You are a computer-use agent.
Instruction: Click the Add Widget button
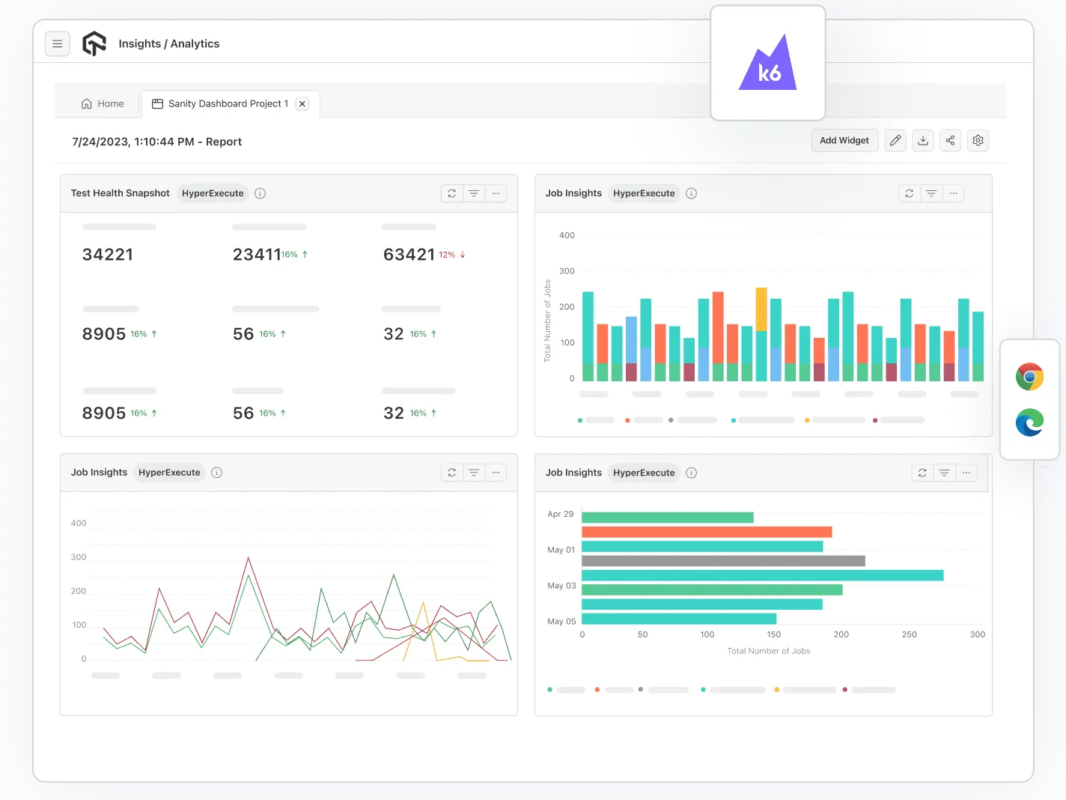pyautogui.click(x=844, y=141)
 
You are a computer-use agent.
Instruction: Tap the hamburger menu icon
pyautogui.click(x=58, y=44)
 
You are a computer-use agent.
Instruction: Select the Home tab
pyautogui.click(x=103, y=104)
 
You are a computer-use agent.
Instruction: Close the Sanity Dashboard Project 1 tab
pyautogui.click(x=302, y=104)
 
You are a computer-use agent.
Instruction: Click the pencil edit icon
pyautogui.click(x=895, y=141)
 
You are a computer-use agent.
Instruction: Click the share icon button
pyautogui.click(x=950, y=141)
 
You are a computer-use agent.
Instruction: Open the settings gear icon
pyautogui.click(x=978, y=141)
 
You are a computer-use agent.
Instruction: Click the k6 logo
pyautogui.click(x=768, y=64)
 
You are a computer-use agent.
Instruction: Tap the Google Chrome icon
pyautogui.click(x=1029, y=376)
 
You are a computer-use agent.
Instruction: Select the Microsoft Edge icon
pyautogui.click(x=1029, y=423)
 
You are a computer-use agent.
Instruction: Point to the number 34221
pyautogui.click(x=108, y=255)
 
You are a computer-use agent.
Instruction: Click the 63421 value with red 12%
pyautogui.click(x=409, y=255)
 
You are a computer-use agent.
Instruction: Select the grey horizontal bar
pyautogui.click(x=722, y=561)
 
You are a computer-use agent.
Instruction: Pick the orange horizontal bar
pyautogui.click(x=706, y=532)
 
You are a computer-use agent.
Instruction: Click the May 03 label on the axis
pyautogui.click(x=561, y=586)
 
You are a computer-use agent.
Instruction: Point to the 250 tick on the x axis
pyautogui.click(x=909, y=634)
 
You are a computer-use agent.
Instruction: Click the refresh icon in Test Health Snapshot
pyautogui.click(x=452, y=193)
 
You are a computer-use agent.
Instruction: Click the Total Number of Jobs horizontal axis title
pyautogui.click(x=768, y=651)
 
